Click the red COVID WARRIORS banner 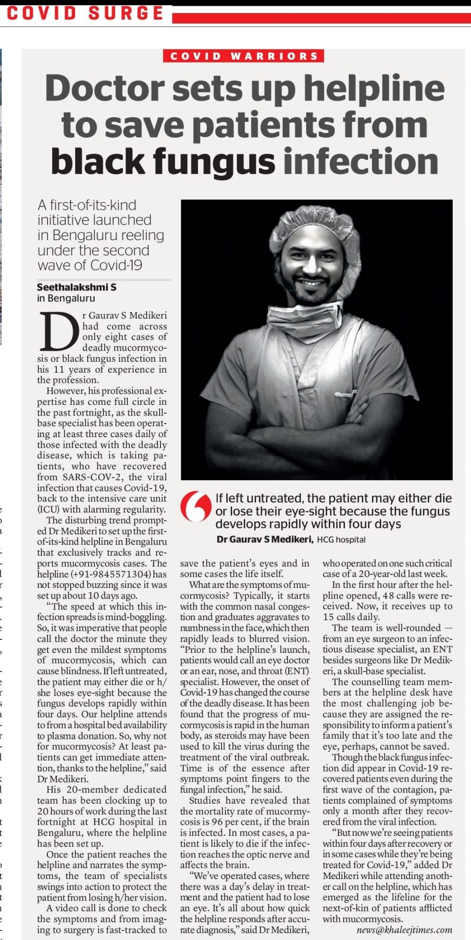tap(244, 56)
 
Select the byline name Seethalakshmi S tap(76, 287)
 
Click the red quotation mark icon tap(196, 506)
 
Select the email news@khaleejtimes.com tap(404, 930)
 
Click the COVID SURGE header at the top tap(85, 13)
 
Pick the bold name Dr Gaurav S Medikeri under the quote tap(264, 539)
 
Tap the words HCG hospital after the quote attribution tap(341, 540)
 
